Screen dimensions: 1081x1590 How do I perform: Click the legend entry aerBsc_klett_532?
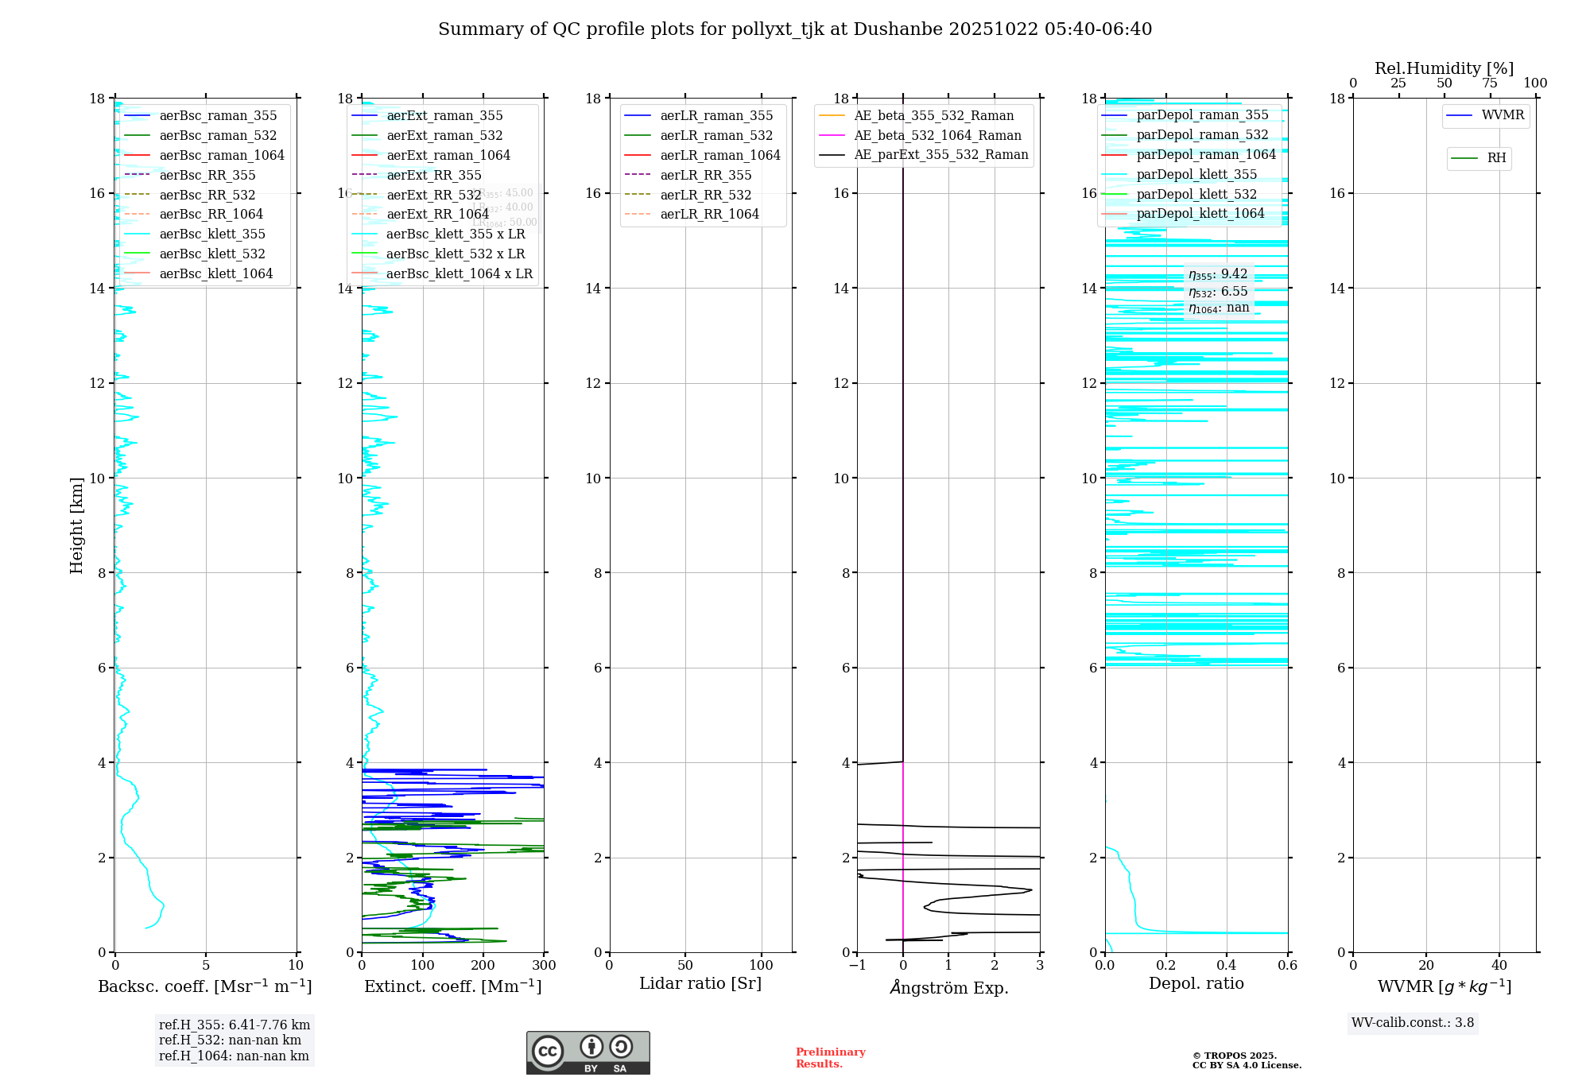click(x=212, y=254)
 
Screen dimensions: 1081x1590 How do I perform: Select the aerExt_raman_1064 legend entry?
click(x=448, y=156)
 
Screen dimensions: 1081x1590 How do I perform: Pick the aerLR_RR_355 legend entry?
click(x=705, y=176)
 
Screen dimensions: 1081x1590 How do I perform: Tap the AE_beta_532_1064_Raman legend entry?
click(x=937, y=136)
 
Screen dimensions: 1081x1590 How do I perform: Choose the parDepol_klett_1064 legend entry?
click(x=1200, y=214)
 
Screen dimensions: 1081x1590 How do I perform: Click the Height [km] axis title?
click(x=76, y=525)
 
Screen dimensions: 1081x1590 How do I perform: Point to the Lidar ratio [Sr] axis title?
click(x=700, y=984)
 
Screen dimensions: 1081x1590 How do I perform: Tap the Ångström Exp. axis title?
click(x=948, y=988)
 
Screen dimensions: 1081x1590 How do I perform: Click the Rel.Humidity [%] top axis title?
click(x=1444, y=69)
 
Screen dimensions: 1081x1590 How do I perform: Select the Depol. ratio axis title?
click(x=1196, y=984)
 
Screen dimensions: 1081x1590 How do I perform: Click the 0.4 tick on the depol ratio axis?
click(x=1227, y=966)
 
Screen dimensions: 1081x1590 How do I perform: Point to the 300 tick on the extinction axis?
click(x=545, y=966)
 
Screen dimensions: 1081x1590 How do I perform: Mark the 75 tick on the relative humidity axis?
click(x=1490, y=83)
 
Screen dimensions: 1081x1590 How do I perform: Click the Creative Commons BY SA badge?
click(x=588, y=1053)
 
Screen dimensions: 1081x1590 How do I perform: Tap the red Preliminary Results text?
click(x=830, y=1058)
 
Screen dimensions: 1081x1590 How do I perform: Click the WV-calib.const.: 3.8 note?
click(x=1413, y=1023)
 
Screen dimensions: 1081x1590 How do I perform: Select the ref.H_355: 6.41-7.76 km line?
click(x=235, y=1025)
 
